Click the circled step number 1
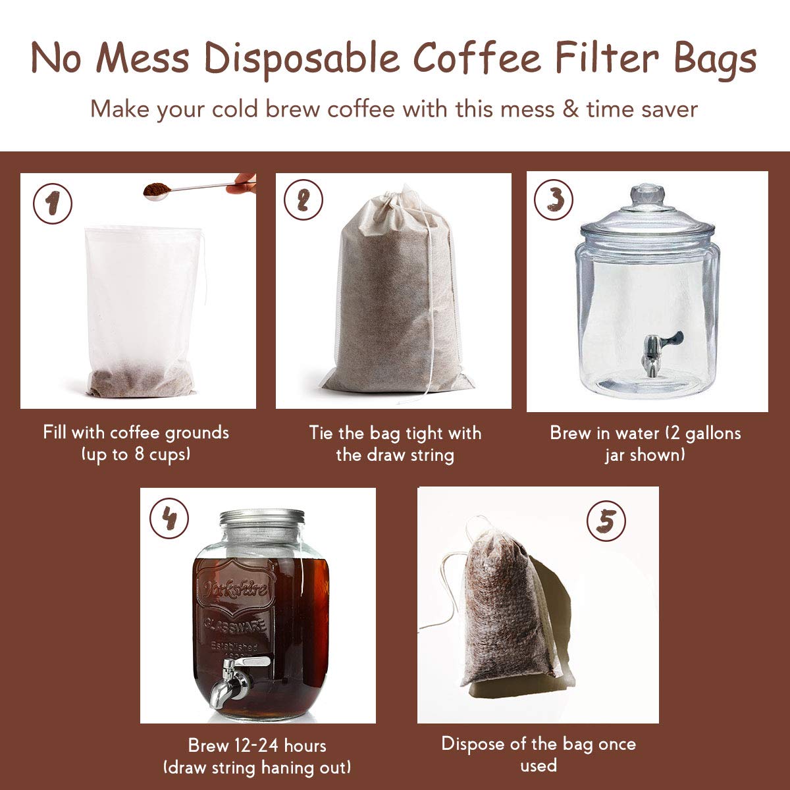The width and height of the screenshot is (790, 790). pos(52,204)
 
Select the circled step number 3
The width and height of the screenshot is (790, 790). pos(553,199)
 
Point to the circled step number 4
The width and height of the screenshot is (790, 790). pos(169,519)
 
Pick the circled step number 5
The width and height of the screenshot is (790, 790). pos(606,521)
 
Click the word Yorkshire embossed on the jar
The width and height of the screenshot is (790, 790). pos(235,588)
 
